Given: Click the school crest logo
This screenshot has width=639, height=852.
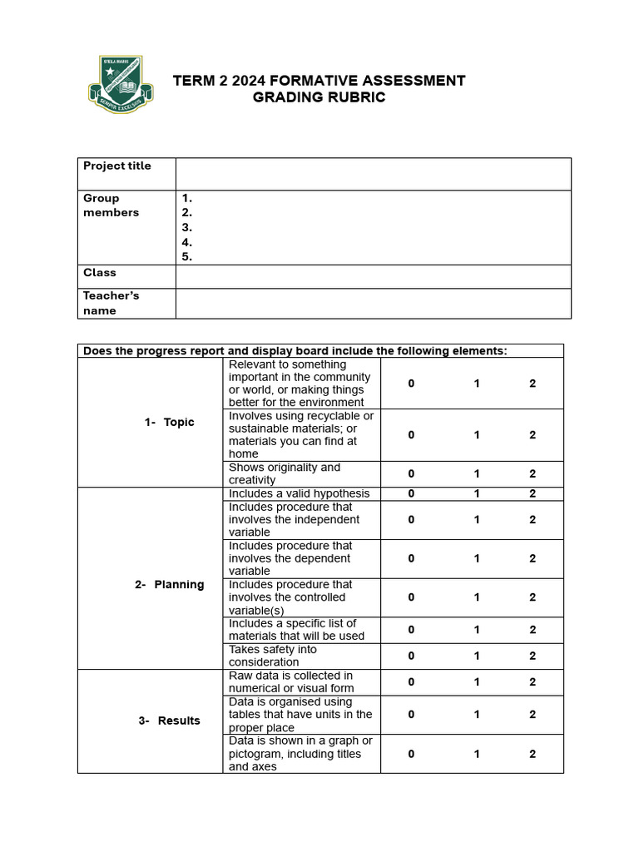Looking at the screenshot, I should pyautogui.click(x=120, y=84).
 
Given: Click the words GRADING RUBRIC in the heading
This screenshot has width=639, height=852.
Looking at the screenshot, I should pyautogui.click(x=319, y=97).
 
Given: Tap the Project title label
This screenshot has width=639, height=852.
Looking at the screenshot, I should pyautogui.click(x=117, y=166).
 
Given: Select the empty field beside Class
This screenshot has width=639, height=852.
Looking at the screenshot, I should pyautogui.click(x=373, y=276).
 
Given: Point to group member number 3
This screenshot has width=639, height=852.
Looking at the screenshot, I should pyautogui.click(x=187, y=227).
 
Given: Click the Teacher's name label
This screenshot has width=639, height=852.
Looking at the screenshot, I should pyautogui.click(x=111, y=303).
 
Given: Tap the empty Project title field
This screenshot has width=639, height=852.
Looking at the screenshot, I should pyautogui.click(x=373, y=174).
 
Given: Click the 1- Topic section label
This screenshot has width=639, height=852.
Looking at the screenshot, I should pyautogui.click(x=169, y=422).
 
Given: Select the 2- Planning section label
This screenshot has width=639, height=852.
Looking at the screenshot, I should pyautogui.click(x=169, y=584).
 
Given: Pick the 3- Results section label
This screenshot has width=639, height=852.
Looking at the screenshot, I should pyautogui.click(x=169, y=721).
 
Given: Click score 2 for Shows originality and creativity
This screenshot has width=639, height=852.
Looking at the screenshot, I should pyautogui.click(x=532, y=473).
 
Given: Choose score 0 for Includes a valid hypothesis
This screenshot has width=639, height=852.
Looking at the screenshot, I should pyautogui.click(x=411, y=493).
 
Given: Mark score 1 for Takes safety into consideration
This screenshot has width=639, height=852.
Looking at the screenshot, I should pyautogui.click(x=477, y=656).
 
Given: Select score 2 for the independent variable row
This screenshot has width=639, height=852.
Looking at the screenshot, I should pyautogui.click(x=532, y=519).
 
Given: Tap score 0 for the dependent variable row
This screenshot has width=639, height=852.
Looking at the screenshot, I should pyautogui.click(x=411, y=558).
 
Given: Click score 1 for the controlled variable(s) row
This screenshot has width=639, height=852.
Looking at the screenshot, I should pyautogui.click(x=477, y=597).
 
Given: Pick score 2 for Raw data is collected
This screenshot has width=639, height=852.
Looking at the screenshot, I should pyautogui.click(x=532, y=681).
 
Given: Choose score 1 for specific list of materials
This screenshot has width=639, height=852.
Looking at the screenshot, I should pyautogui.click(x=477, y=630).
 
